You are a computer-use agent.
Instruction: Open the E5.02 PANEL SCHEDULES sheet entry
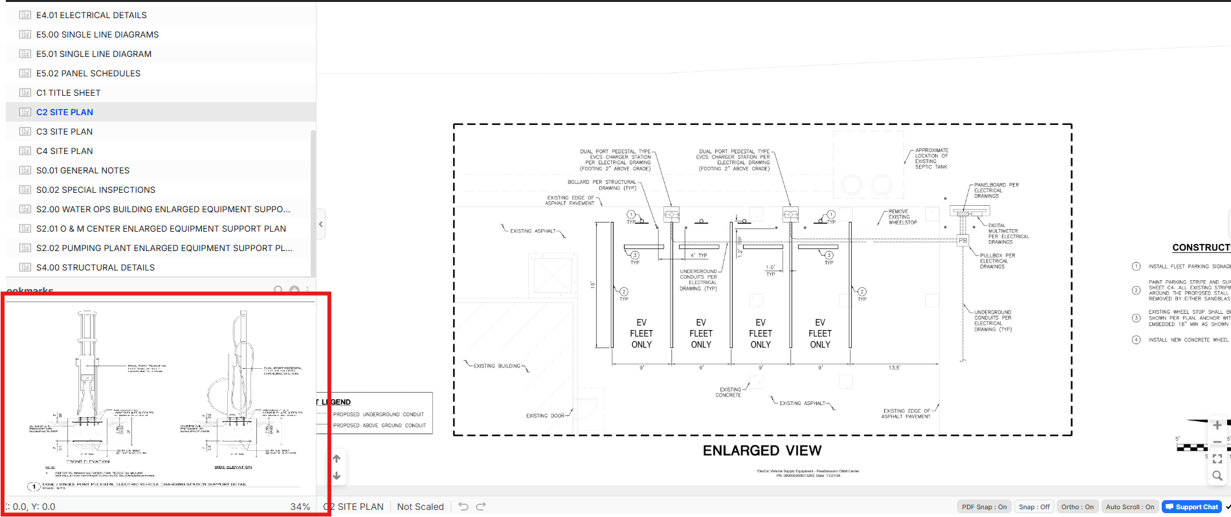[x=88, y=73]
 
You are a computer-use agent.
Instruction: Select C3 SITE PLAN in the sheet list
[x=64, y=131]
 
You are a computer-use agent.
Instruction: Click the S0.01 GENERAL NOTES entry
[x=83, y=170]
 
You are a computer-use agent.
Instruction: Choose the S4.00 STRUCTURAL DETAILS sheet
[x=95, y=267]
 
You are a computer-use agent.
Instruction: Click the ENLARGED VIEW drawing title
[x=762, y=450]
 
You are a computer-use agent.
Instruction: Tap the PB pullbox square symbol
[x=962, y=240]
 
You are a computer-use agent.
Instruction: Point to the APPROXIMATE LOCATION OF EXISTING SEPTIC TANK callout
[x=931, y=159]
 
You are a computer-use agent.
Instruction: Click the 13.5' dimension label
[x=894, y=368]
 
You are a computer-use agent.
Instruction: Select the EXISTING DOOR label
[x=545, y=416]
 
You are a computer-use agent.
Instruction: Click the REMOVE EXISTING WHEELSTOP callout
[x=902, y=217]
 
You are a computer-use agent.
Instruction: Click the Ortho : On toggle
[x=1077, y=507]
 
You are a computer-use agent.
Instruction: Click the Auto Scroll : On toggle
[x=1129, y=507]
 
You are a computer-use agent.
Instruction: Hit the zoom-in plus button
[x=1217, y=425]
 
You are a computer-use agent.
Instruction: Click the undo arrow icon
[x=463, y=506]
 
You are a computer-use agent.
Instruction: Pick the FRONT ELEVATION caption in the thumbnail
[x=88, y=461]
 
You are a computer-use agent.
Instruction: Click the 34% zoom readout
[x=300, y=507]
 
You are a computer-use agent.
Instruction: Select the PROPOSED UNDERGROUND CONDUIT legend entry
[x=378, y=414]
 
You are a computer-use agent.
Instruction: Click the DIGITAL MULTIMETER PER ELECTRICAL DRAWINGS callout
[x=1003, y=234]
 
